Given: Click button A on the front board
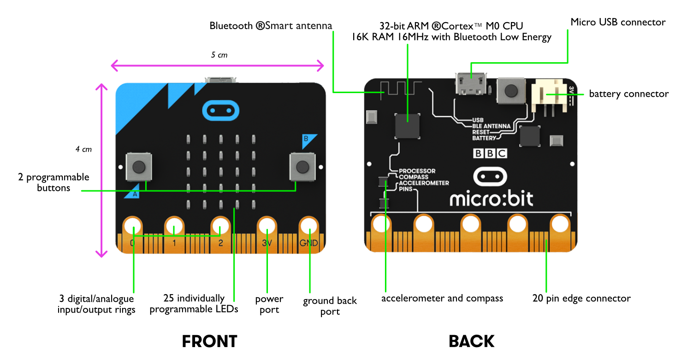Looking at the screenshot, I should click(x=139, y=166).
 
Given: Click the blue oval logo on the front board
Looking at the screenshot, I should click(x=221, y=111).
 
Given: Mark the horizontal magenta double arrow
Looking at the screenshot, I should click(x=218, y=66).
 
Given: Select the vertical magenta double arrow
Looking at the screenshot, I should click(x=101, y=170).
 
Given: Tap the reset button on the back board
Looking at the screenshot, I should click(x=510, y=90).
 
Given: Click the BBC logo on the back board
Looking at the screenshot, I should click(x=490, y=153).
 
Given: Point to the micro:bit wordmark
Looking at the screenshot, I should click(x=491, y=199).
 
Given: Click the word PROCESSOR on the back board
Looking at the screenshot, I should click(x=417, y=171).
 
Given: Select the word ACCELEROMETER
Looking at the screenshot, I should click(x=423, y=183).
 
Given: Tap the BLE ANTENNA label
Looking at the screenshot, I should click(x=491, y=126).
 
